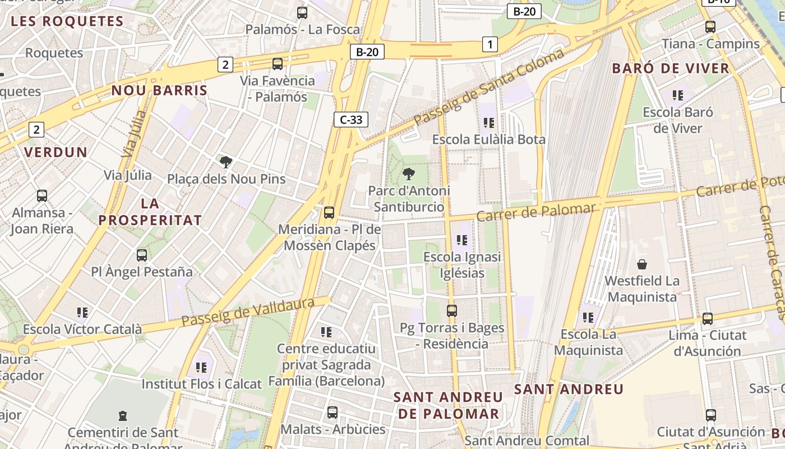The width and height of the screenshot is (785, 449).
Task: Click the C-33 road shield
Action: (351, 120)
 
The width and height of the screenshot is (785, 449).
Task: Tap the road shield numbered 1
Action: (490, 44)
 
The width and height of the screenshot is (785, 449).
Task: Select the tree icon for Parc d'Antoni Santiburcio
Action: (409, 174)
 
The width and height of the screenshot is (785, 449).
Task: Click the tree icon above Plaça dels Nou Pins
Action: (226, 162)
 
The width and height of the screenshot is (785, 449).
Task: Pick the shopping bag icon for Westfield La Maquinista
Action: (642, 264)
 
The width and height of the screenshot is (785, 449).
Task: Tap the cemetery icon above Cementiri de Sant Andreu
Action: (123, 416)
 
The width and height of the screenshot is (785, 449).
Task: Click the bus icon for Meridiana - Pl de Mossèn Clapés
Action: (329, 213)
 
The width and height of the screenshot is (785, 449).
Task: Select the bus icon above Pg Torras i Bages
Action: (452, 310)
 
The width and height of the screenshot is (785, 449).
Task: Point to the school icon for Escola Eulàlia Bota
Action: (489, 122)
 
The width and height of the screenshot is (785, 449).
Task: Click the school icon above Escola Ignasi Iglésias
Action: (462, 240)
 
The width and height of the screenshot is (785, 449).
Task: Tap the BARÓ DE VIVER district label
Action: (671, 68)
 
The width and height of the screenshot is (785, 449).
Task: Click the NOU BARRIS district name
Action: (159, 90)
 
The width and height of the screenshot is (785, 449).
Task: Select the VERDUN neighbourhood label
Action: (56, 152)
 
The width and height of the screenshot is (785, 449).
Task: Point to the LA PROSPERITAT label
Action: (150, 212)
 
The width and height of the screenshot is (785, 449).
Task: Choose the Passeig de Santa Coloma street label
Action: (489, 87)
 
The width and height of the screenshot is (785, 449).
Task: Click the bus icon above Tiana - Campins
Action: (710, 26)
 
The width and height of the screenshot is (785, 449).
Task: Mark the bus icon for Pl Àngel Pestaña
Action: (142, 255)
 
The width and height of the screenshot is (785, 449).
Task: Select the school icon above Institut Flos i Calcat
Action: (201, 368)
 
